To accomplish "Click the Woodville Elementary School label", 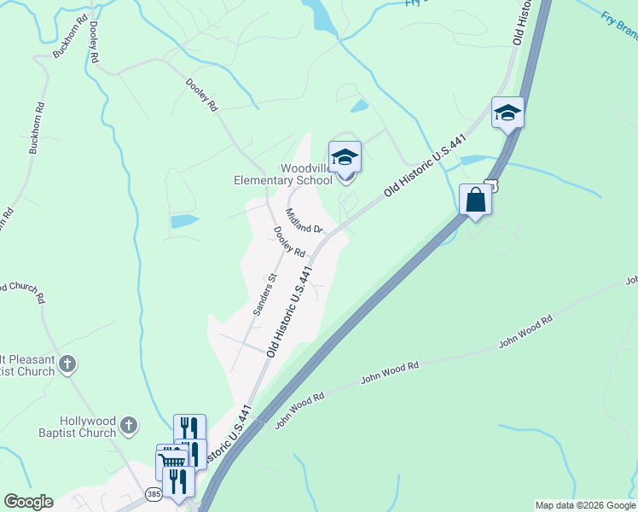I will (283, 174).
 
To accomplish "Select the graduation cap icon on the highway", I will (507, 113).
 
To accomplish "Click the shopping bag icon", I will (475, 201).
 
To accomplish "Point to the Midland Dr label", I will (304, 222).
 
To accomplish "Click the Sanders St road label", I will (263, 294).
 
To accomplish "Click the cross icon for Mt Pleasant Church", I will (68, 365).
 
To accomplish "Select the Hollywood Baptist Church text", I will (87, 427).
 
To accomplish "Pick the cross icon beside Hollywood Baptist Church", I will (128, 424).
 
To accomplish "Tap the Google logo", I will (27, 502).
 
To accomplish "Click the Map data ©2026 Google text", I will (585, 505).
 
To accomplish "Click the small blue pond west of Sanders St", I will (184, 221).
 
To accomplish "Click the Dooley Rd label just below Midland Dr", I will (289, 241).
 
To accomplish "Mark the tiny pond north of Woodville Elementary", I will (359, 107).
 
